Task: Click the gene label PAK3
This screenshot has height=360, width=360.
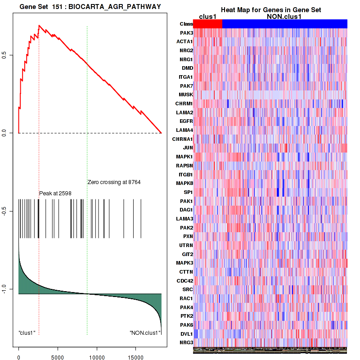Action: [x=186, y=33]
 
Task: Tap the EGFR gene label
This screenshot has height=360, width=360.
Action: [x=186, y=121]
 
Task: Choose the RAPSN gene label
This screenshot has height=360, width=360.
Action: [x=185, y=165]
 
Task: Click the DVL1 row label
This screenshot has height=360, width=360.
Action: [x=186, y=334]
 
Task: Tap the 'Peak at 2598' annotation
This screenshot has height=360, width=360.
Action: [x=55, y=193]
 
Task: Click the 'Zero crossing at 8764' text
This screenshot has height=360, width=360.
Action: [x=114, y=182]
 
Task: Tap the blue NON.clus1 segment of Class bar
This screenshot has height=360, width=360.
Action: [x=284, y=24]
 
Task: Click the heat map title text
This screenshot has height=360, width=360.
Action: [x=270, y=10]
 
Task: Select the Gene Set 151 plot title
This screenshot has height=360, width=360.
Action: [x=90, y=6]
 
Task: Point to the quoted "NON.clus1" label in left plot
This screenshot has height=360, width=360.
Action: [x=145, y=333]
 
